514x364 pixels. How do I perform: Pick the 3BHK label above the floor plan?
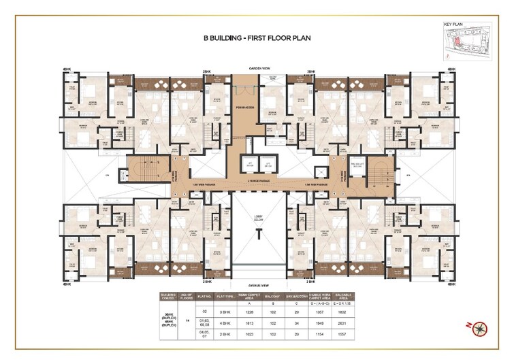[x=310, y=71]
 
